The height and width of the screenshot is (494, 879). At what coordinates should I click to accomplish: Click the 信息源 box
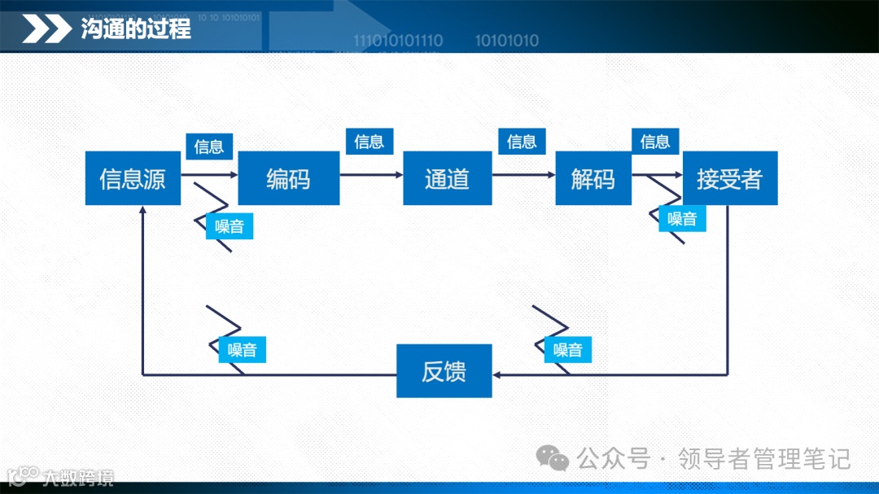pos(133,178)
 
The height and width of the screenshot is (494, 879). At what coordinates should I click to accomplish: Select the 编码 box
pos(288,178)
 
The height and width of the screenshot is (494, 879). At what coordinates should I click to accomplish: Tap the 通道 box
pos(447,178)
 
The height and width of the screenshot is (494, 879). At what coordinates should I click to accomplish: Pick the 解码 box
pos(593,178)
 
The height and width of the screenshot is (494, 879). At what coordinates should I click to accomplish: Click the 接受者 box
pos(729,178)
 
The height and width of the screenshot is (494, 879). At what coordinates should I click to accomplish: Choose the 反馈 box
pos(444,371)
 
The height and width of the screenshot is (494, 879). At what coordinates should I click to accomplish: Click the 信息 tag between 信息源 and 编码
pos(209,146)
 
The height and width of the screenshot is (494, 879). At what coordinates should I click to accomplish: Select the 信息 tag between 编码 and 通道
pos(369,142)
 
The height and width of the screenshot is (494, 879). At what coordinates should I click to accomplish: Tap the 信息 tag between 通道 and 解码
pos(522,142)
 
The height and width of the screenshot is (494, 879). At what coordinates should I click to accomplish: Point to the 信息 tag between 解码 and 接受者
pos(655,142)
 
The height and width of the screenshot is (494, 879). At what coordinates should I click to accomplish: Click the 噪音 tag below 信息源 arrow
pos(230,226)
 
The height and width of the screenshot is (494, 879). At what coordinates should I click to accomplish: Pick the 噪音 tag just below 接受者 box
pos(682,218)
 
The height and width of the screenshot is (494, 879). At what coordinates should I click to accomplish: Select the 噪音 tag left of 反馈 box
pos(243,350)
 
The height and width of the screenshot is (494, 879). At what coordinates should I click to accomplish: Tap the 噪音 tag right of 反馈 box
pos(568,350)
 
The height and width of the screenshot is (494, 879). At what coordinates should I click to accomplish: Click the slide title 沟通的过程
pos(136,29)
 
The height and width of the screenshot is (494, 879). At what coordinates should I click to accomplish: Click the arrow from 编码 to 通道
pos(371,175)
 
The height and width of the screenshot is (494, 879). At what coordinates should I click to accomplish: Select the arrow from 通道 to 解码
pos(523,175)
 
